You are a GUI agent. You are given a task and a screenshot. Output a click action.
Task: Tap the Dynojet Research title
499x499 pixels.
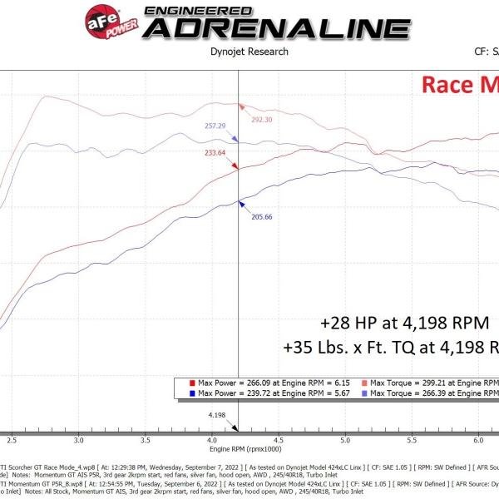tap(249, 52)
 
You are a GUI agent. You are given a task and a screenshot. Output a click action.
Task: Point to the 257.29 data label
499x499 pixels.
tap(215, 126)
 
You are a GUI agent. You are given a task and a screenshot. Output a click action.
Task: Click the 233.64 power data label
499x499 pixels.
tap(215, 153)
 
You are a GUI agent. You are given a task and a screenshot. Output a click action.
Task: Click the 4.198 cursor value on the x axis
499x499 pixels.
tap(217, 413)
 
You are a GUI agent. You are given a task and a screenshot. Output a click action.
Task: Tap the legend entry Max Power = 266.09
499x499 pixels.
tap(259, 382)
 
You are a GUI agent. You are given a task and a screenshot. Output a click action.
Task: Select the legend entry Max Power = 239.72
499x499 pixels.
tap(259, 392)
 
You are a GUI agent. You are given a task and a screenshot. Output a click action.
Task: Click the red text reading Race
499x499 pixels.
tap(449, 85)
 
